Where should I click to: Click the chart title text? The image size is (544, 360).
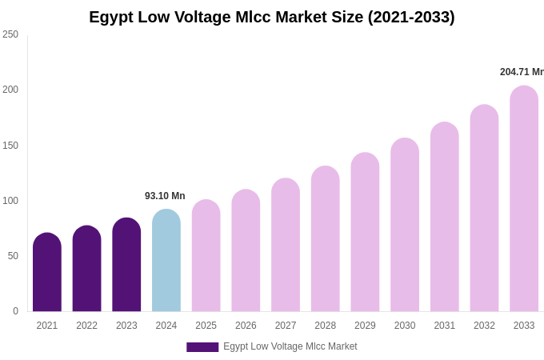coord(271,17)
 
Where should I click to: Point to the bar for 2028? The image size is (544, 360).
coord(325,239)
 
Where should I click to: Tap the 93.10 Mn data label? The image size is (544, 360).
coord(165,196)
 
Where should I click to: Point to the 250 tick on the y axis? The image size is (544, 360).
coord(10,34)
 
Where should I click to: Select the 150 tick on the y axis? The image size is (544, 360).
coord(10,146)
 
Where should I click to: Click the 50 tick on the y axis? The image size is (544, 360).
coord(13,256)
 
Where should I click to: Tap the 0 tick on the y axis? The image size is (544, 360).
coord(15,311)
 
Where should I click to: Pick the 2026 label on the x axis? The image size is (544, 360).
coord(246,326)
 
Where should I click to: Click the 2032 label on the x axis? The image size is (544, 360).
coord(484,326)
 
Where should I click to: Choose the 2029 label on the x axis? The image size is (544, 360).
coord(365,326)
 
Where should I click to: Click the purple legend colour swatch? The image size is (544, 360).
coord(202,347)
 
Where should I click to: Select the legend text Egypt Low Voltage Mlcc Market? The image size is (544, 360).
coord(290,346)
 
